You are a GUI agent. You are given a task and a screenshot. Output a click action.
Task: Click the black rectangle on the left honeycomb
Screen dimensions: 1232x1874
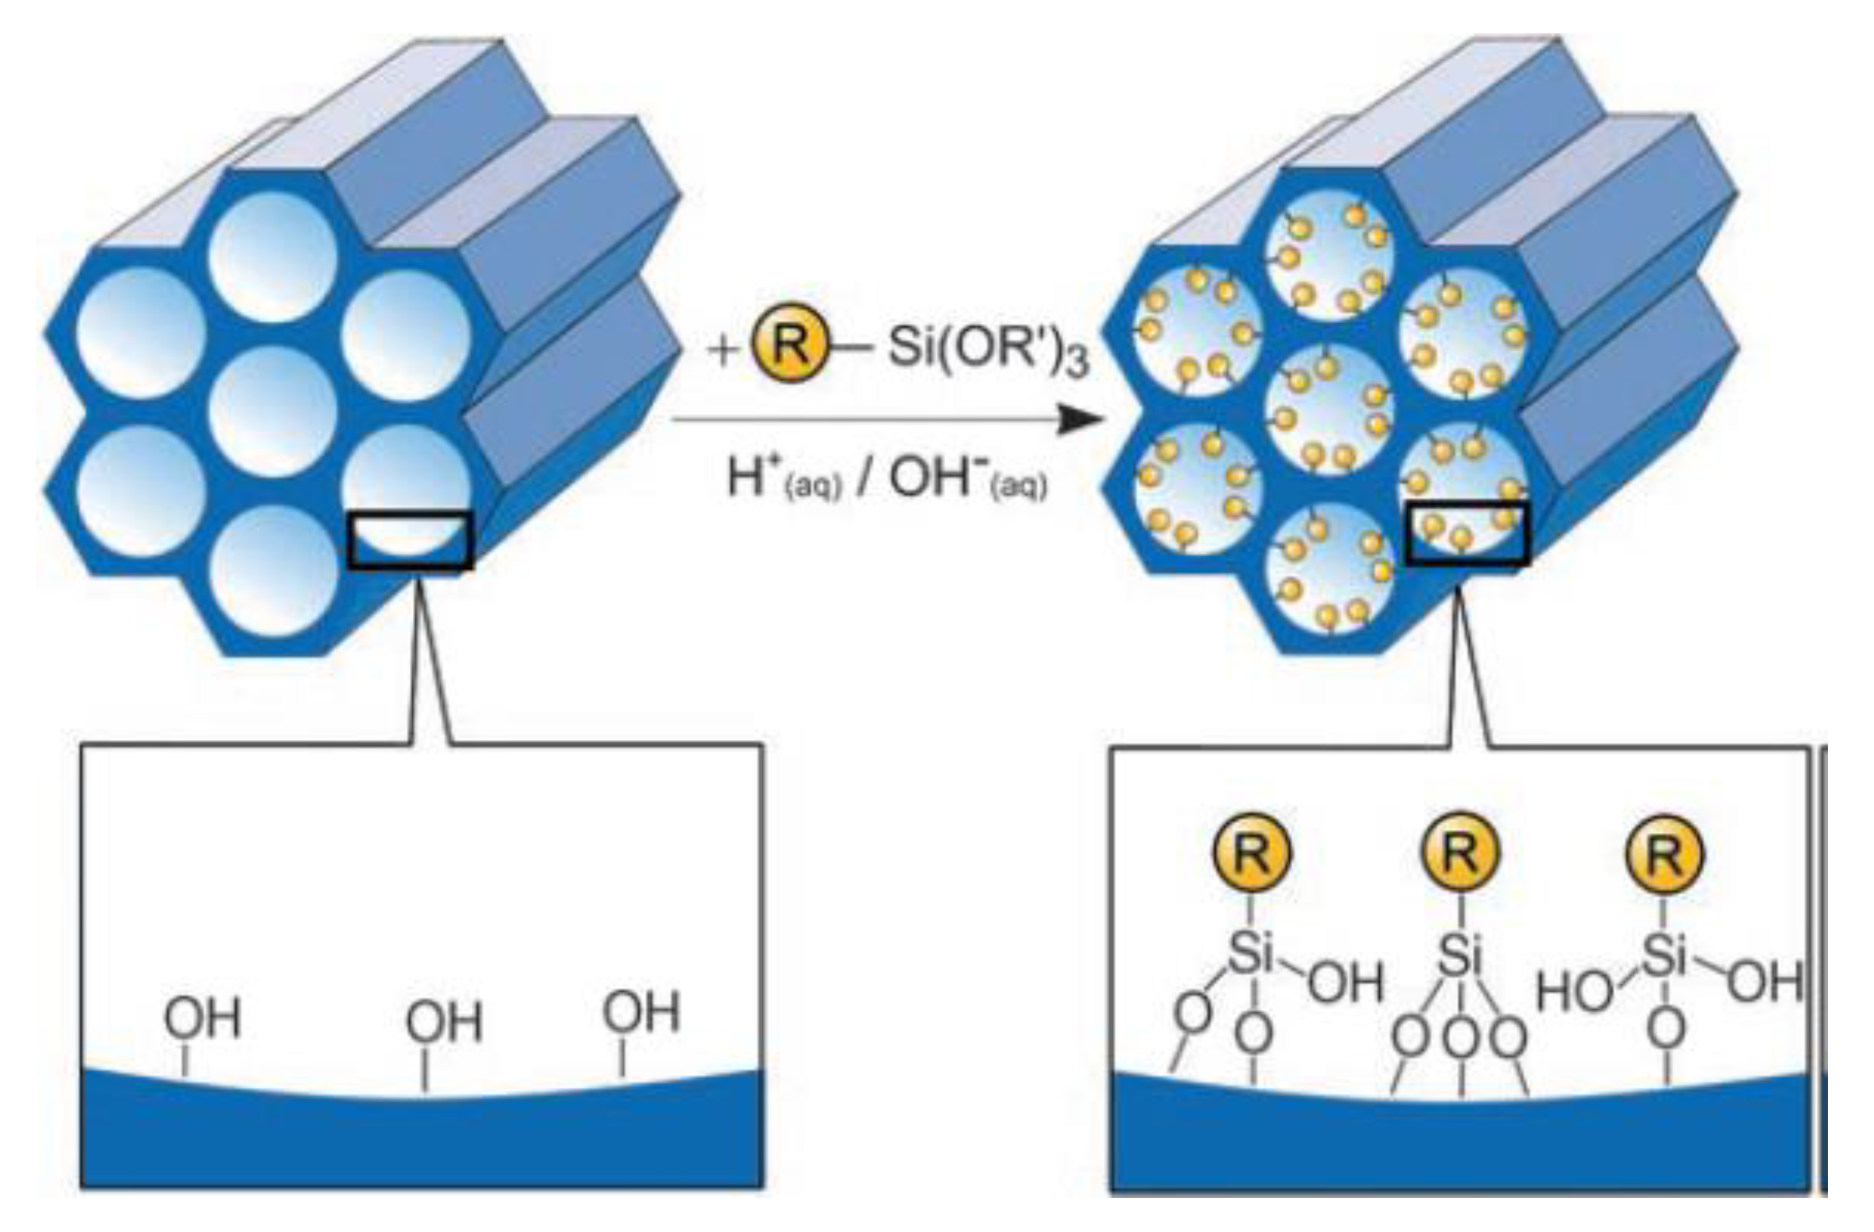click(x=411, y=540)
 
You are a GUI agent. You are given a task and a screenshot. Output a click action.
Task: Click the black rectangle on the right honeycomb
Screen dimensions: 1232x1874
click(x=1466, y=533)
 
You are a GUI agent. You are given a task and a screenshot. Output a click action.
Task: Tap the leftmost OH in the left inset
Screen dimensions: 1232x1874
click(x=202, y=1020)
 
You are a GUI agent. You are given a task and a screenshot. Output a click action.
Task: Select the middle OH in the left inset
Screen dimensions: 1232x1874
click(x=444, y=1023)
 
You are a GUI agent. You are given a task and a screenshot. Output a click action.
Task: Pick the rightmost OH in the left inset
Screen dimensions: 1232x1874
click(x=641, y=1012)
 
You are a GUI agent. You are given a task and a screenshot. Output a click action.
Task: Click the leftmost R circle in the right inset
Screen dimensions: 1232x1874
click(x=1251, y=854)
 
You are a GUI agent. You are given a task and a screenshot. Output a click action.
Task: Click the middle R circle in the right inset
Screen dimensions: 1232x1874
click(x=1459, y=852)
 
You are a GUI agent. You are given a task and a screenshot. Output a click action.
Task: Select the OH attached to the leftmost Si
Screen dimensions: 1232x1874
click(x=1345, y=982)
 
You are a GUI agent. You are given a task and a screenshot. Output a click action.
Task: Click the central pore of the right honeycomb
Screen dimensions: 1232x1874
click(x=1329, y=406)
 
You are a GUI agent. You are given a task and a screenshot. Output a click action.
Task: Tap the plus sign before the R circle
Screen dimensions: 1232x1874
click(x=723, y=350)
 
